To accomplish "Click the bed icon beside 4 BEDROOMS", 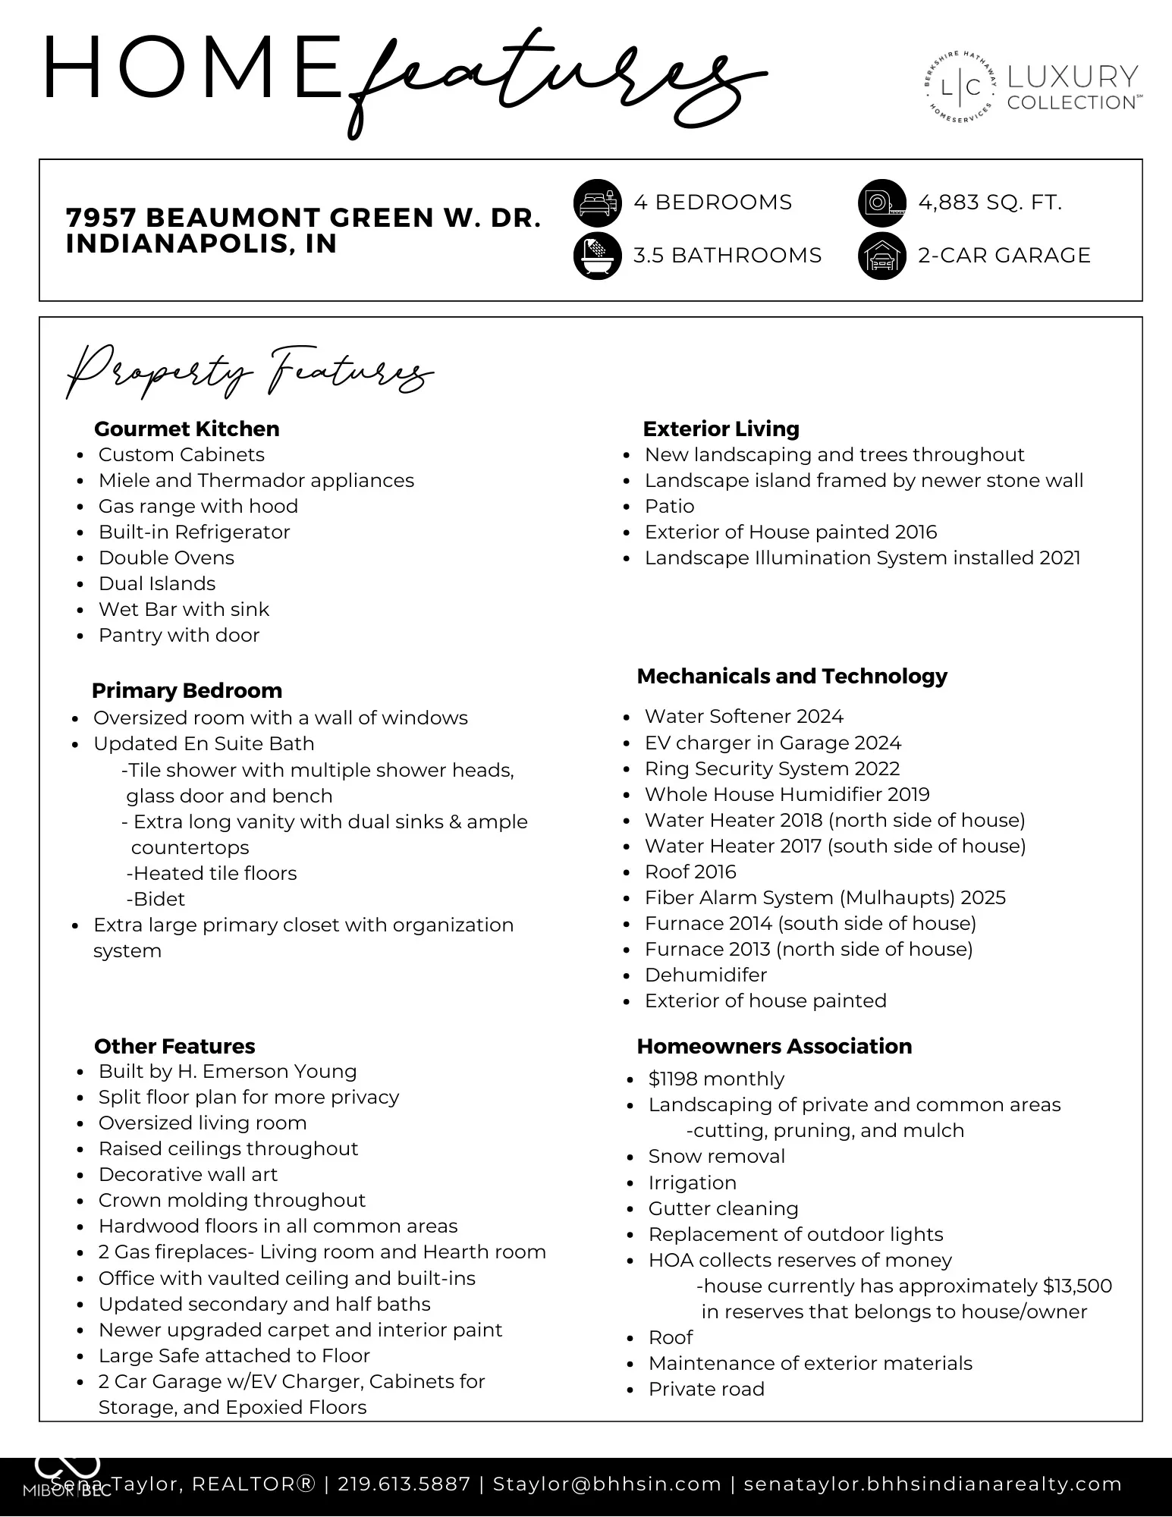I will click(x=598, y=203).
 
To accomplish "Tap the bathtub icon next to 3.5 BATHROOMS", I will click(x=598, y=256).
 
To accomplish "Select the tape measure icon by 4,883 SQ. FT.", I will click(x=882, y=203).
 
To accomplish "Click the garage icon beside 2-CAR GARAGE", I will click(x=882, y=256).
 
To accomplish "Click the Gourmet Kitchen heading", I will click(x=187, y=429).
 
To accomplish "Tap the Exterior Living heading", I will click(x=721, y=429).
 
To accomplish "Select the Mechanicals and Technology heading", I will click(x=792, y=676).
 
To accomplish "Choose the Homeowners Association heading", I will click(x=775, y=1046).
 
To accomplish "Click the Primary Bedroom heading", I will click(x=187, y=690).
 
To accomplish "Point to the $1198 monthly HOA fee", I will click(x=716, y=1079).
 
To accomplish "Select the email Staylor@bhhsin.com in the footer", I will click(x=607, y=1484).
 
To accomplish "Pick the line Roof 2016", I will click(x=690, y=872).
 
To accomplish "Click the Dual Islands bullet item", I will click(x=157, y=583).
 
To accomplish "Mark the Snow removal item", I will click(x=716, y=1156).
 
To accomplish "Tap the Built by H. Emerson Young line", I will click(x=228, y=1071).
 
